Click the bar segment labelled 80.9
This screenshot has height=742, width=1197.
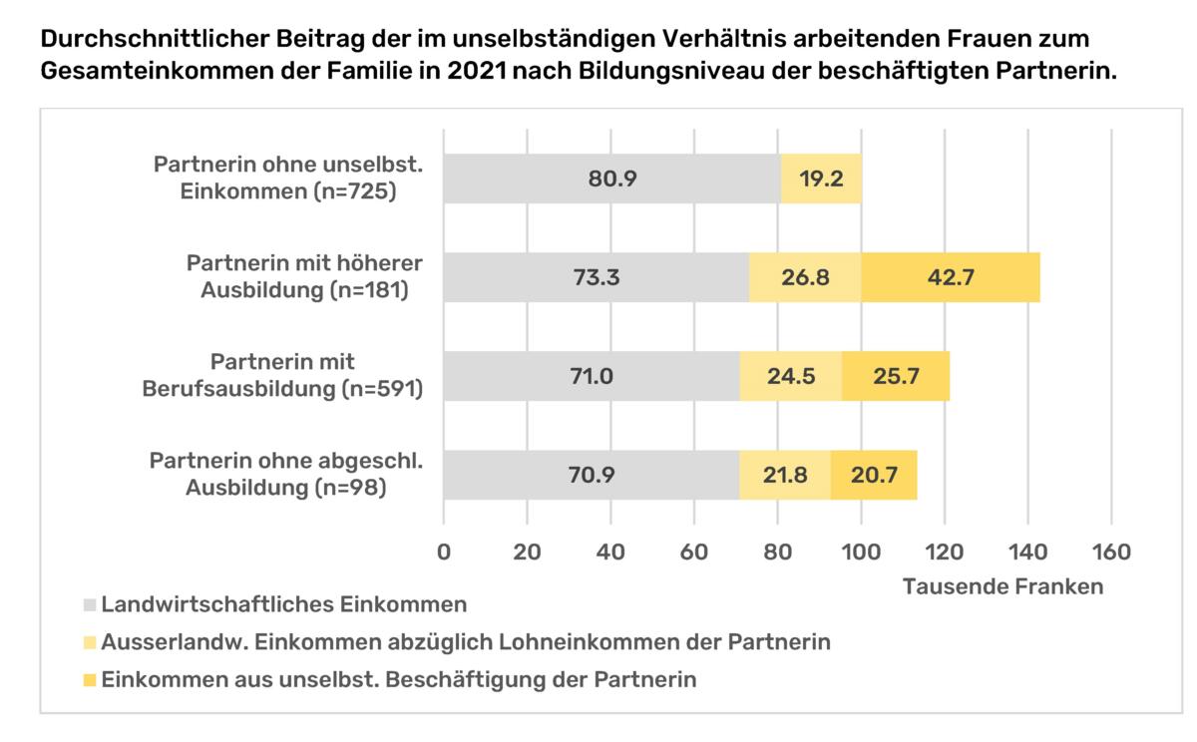pyautogui.click(x=611, y=179)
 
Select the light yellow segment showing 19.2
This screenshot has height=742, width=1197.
pyautogui.click(x=821, y=179)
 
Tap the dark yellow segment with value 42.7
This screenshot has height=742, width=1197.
pyautogui.click(x=951, y=277)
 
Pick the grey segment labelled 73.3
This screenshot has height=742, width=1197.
pyautogui.click(x=597, y=277)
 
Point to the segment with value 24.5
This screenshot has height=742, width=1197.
pyautogui.click(x=791, y=376)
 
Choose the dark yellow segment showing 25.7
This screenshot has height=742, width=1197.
pyautogui.click(x=896, y=376)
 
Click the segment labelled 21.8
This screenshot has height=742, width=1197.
pyautogui.click(x=785, y=475)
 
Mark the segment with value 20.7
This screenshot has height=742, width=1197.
pyautogui.click(x=874, y=475)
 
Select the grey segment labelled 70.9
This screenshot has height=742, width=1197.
pyautogui.click(x=592, y=475)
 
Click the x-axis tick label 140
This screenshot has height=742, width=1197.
pyautogui.click(x=1026, y=551)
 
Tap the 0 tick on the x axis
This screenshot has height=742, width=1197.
pyautogui.click(x=444, y=551)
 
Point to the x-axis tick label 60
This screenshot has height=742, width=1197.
pyautogui.click(x=694, y=551)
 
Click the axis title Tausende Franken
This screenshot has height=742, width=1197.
pyautogui.click(x=1002, y=586)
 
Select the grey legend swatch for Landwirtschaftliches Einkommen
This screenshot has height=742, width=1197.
pyautogui.click(x=91, y=604)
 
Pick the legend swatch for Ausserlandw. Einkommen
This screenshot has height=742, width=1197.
pyautogui.click(x=91, y=642)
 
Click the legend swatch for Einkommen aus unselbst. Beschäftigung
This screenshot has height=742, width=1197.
pyautogui.click(x=91, y=680)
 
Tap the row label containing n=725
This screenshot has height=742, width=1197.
pyautogui.click(x=287, y=178)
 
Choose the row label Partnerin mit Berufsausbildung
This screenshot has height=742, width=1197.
pyautogui.click(x=285, y=375)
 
